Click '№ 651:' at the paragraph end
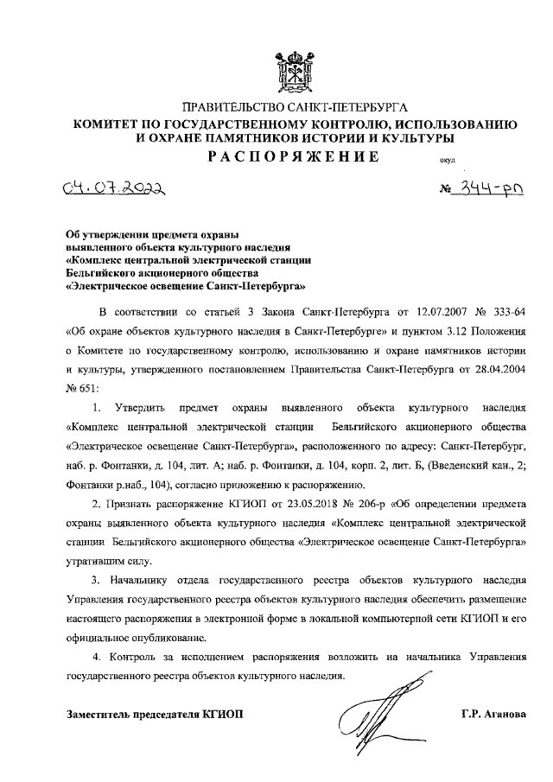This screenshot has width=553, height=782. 84,390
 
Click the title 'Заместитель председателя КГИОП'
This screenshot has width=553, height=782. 156,713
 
